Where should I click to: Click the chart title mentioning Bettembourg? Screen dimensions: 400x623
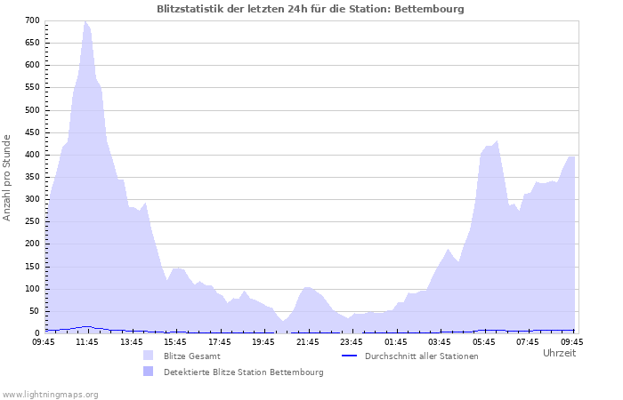coord(310,9)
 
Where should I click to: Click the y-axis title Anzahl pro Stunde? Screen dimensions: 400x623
coord(7,177)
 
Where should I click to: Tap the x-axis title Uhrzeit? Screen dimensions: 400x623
coord(559,353)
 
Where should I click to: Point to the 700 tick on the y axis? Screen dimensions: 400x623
coord(32,20)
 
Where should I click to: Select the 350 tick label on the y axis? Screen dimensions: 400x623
coord(32,177)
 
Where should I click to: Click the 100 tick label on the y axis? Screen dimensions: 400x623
coord(32,289)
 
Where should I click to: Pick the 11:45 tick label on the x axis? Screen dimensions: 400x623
coord(87,341)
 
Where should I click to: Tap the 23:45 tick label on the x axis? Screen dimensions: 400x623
coord(352,341)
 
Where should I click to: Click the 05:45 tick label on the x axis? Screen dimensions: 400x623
coord(484,341)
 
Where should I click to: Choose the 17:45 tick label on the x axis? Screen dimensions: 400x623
coord(219,341)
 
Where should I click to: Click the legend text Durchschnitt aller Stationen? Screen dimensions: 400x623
coord(409,356)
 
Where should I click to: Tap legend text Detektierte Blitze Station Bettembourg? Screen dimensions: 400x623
coord(243,372)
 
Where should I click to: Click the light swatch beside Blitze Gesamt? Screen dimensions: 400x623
coord(148,356)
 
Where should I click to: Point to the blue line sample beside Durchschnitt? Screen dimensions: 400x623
coord(350,356)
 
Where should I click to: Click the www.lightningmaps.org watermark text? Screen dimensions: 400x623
coord(50,394)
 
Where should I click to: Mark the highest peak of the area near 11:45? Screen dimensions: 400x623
coord(85,21)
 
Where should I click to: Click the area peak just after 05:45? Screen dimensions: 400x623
coord(497,141)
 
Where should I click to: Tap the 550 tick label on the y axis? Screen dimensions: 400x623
coord(32,88)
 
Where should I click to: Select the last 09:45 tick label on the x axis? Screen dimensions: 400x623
coord(572,341)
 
